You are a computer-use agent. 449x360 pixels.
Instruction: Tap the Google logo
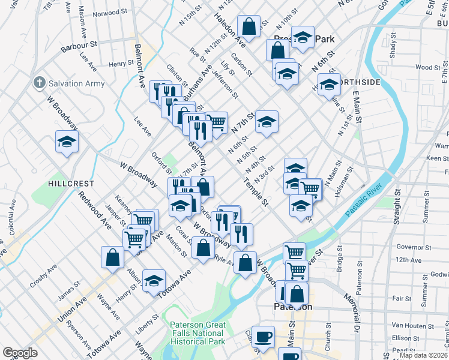pos(20,353)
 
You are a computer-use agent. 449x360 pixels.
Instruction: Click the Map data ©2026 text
pos(423,355)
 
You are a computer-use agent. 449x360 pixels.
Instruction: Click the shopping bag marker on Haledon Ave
pos(249,26)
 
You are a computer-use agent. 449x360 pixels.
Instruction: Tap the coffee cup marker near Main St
pos(263,337)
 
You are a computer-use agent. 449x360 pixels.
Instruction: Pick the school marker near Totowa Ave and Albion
pos(154,280)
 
